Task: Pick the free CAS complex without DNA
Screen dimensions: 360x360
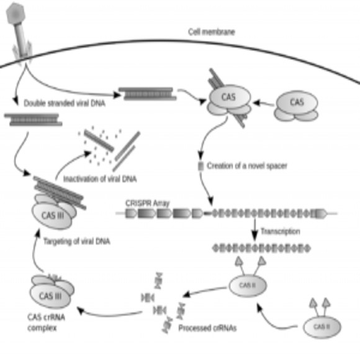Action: (296, 105)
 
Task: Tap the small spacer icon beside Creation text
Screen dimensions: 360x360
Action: (200, 166)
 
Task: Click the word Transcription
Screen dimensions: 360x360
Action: (281, 231)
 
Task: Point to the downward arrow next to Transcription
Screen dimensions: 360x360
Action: (254, 233)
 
